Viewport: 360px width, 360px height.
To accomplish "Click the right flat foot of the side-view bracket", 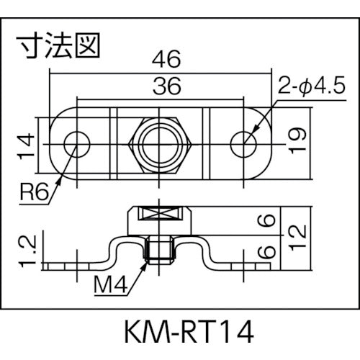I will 248,266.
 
